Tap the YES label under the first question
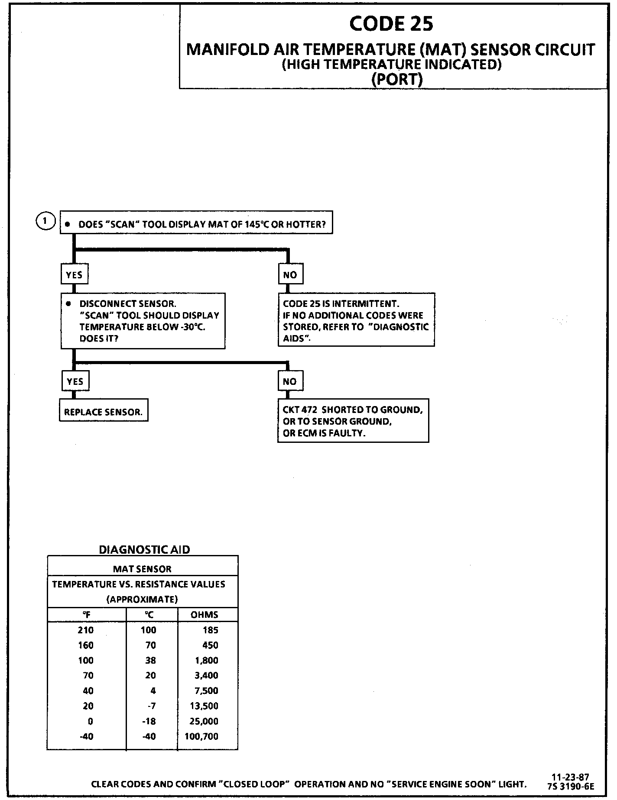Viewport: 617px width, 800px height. tap(74, 275)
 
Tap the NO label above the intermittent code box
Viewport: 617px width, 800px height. tap(290, 274)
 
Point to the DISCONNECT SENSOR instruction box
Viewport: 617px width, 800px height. tap(143, 321)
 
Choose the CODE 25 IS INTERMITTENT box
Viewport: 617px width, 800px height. tap(356, 321)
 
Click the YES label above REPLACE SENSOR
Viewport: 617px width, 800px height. tap(75, 381)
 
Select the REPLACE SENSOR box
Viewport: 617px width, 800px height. tap(104, 412)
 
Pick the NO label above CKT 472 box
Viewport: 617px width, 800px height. tap(290, 381)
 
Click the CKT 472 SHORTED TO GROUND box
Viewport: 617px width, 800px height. tap(353, 421)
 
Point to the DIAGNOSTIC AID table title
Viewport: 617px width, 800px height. tap(145, 550)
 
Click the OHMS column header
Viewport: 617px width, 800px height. tap(205, 615)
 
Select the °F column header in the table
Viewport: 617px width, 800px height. tap(86, 615)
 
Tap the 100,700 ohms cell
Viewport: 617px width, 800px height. tap(202, 736)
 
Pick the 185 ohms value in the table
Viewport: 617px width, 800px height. tap(210, 630)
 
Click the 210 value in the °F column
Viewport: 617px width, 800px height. tap(86, 630)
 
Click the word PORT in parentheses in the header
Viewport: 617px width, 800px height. tap(397, 79)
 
